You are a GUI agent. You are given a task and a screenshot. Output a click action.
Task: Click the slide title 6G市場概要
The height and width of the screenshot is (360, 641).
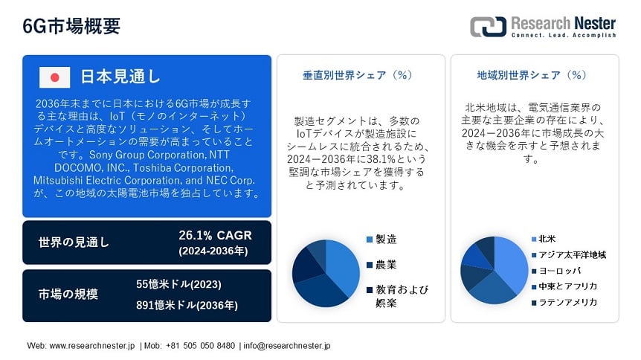71,26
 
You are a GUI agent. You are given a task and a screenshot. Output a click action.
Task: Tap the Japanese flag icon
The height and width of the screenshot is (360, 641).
54,77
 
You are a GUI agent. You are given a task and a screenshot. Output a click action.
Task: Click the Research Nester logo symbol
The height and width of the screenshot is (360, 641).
488,27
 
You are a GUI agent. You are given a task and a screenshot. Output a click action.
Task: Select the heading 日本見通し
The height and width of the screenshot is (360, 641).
120,77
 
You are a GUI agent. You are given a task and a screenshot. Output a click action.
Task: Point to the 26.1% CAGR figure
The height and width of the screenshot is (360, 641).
215,235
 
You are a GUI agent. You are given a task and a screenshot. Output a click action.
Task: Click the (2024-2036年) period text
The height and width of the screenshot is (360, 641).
213,251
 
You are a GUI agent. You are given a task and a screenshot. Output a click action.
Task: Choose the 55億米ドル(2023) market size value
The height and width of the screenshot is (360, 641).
178,284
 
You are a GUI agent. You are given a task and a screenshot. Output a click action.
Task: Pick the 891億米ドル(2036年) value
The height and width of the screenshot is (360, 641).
187,305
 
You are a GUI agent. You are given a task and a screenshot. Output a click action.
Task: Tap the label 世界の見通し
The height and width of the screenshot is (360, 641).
74,242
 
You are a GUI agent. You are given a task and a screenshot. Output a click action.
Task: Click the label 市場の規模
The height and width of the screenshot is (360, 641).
68,294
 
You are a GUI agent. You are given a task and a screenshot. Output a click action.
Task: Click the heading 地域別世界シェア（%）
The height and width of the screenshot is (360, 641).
532,75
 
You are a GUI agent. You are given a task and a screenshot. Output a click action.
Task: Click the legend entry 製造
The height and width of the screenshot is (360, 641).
381,240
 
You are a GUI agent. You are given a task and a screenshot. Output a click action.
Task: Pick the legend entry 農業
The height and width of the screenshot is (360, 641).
381,265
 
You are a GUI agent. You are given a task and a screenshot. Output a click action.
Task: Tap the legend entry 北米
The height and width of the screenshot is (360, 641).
544,239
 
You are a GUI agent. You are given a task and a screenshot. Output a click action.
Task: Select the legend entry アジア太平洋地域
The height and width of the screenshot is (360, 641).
569,255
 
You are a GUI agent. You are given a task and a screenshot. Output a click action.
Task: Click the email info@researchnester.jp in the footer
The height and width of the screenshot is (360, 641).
287,346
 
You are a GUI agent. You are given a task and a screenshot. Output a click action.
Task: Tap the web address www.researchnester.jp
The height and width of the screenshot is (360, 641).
92,346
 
